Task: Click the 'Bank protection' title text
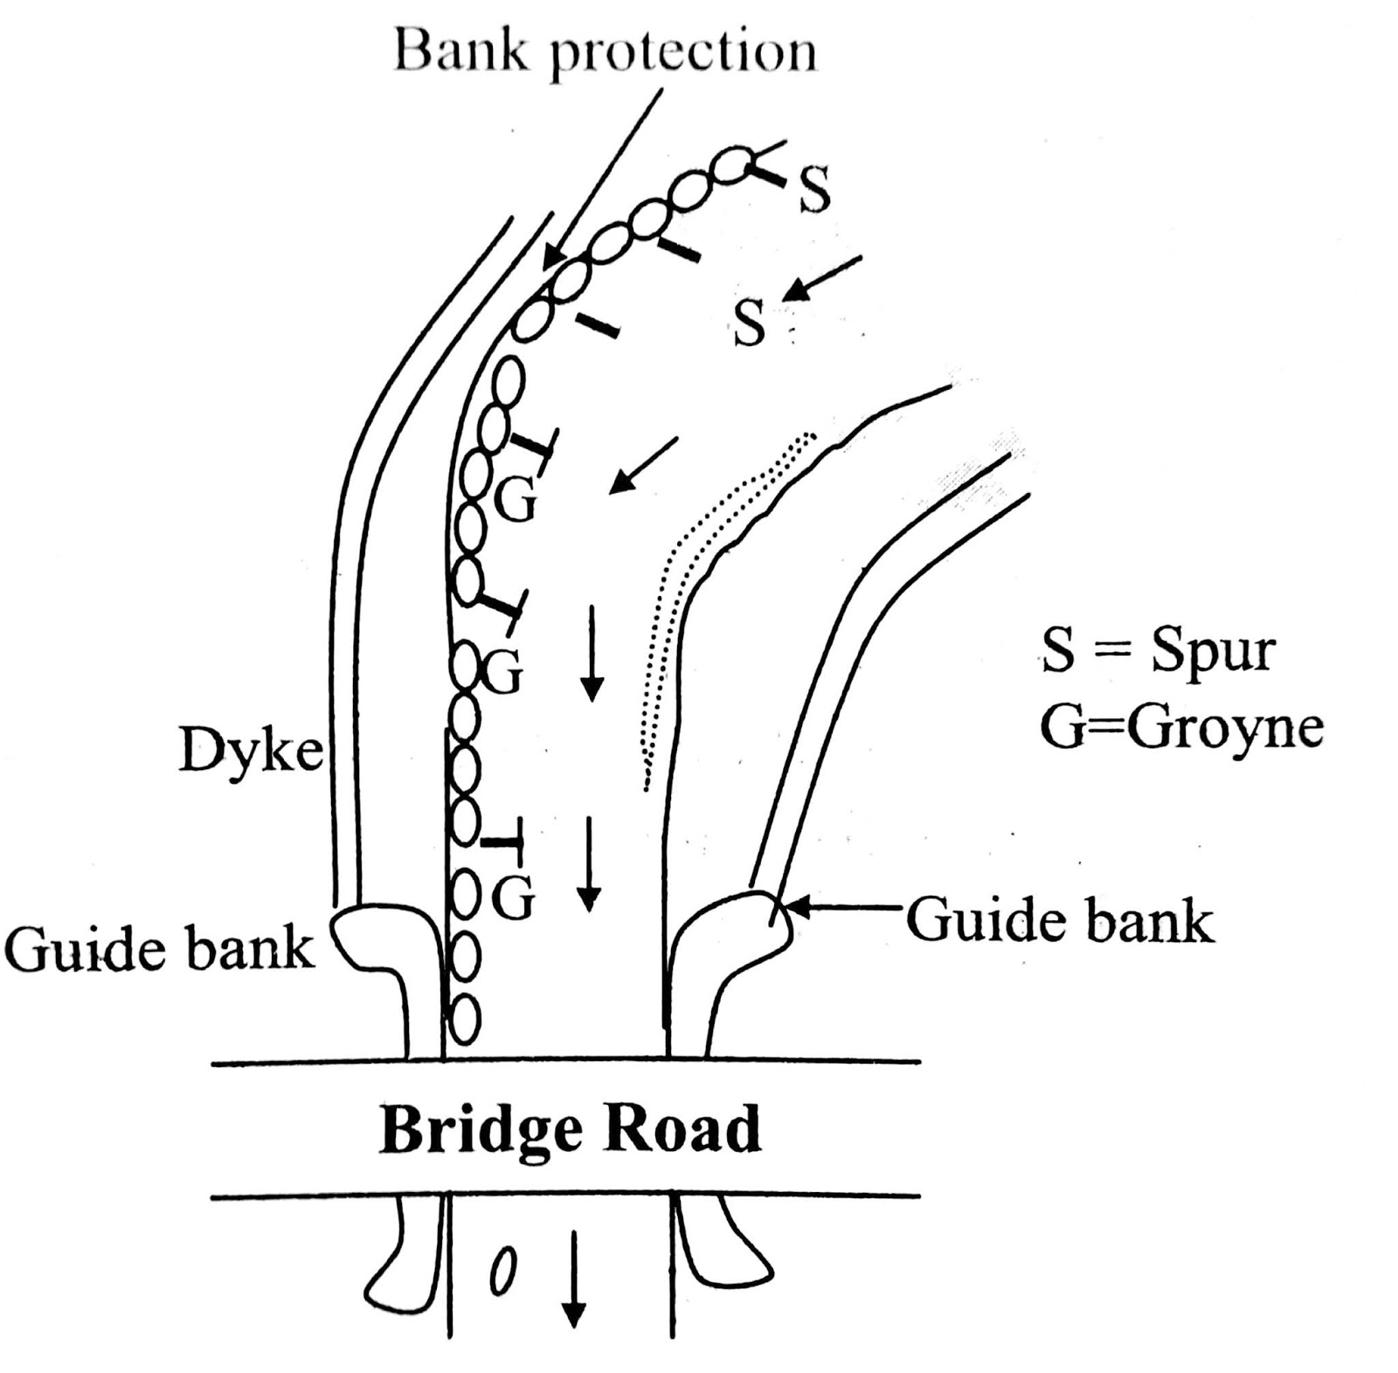[605, 52]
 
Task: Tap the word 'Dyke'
[251, 750]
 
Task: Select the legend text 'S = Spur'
[1157, 652]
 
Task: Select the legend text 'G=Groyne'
[1180, 727]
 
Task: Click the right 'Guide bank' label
[1060, 921]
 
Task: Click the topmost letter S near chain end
[814, 191]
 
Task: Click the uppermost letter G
[516, 500]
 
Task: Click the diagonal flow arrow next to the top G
[642, 465]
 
